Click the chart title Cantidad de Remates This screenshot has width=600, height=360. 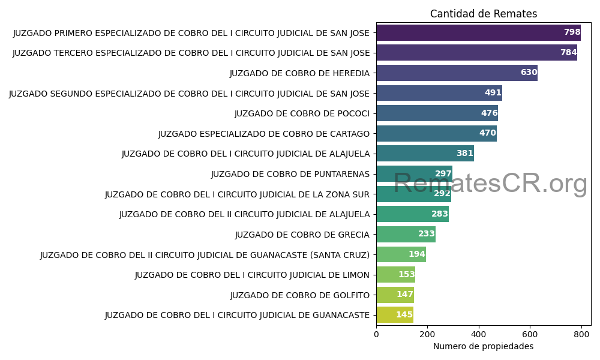click(x=483, y=14)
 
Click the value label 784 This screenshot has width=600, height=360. click(x=568, y=53)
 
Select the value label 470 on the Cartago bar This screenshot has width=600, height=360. click(x=487, y=133)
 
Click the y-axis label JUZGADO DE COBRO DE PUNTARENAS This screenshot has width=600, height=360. click(x=290, y=174)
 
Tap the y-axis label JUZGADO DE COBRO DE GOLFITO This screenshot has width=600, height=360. click(x=299, y=295)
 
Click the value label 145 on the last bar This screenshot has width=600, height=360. click(x=404, y=315)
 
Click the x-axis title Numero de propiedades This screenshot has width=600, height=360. click(x=483, y=346)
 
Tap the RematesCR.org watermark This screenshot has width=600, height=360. click(x=490, y=183)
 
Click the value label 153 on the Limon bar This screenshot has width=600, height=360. click(x=406, y=275)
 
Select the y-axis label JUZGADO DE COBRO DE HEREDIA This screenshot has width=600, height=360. click(x=299, y=73)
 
